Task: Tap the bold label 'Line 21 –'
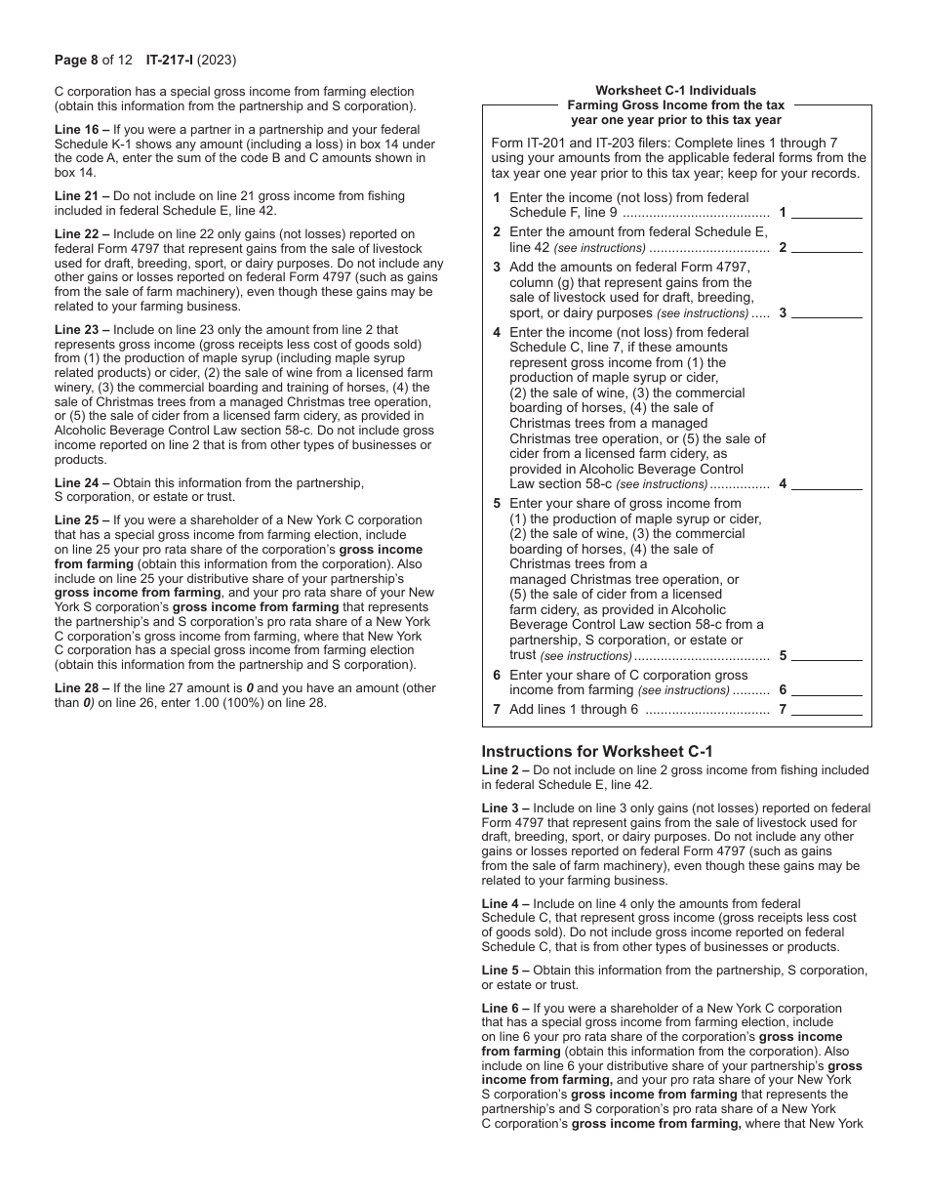point(82,196)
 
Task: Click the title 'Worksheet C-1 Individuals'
point(675,91)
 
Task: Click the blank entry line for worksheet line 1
point(831,213)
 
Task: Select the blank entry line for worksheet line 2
point(831,248)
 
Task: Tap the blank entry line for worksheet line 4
point(831,484)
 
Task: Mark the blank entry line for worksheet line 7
point(831,710)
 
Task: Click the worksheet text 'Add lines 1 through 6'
point(574,710)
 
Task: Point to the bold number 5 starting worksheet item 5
point(497,504)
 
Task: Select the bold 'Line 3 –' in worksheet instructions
point(505,808)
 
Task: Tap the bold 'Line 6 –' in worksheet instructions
point(505,1008)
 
